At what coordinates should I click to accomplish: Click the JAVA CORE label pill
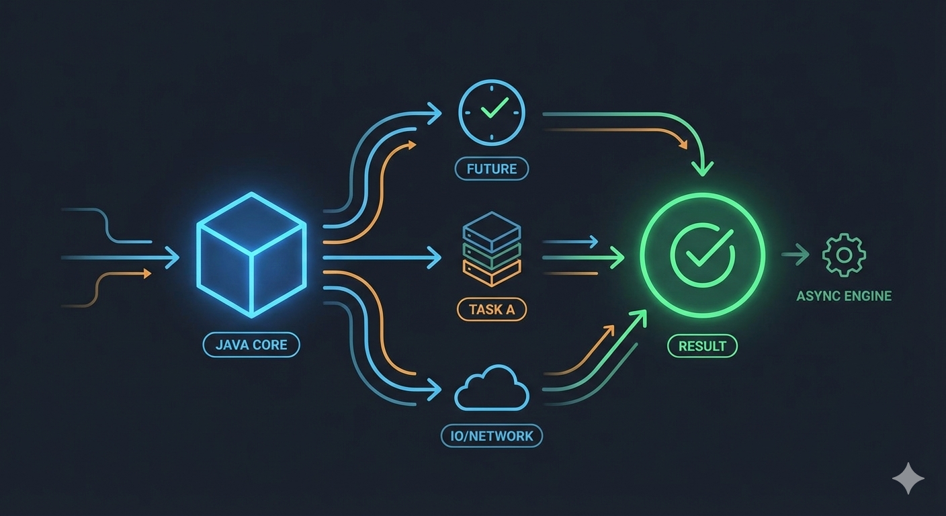(251, 345)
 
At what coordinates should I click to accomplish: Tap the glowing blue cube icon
(251, 255)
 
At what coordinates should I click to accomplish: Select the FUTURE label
(492, 169)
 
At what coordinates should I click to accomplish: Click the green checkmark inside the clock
(494, 108)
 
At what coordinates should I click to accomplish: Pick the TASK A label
(492, 310)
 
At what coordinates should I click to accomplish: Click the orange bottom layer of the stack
(492, 273)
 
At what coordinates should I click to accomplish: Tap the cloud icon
(492, 388)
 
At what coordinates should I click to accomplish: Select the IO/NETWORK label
(492, 436)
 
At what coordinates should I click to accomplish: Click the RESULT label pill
(702, 346)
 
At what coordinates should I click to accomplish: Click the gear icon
(844, 255)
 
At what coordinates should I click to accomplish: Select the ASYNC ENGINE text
(844, 296)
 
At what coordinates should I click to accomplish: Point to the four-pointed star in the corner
(908, 478)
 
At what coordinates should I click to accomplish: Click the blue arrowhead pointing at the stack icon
(435, 257)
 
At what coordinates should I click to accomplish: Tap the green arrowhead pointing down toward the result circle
(703, 169)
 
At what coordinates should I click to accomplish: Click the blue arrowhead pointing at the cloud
(435, 389)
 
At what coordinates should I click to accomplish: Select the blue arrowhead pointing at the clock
(435, 113)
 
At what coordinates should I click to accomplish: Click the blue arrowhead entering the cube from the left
(173, 257)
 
